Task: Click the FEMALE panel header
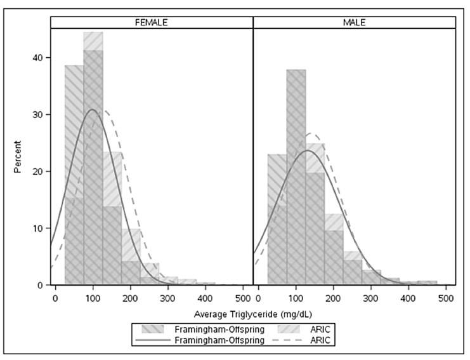coord(152,22)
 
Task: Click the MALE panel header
coord(355,22)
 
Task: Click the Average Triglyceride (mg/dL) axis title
coord(254,314)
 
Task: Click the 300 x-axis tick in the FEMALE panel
coord(168,297)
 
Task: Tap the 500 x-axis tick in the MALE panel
coord(446,297)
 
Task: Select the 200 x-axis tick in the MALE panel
coord(334,297)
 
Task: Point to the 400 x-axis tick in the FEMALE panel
coord(206,297)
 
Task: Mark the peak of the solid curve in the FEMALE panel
coord(93,109)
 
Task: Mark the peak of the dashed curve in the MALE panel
coord(311,133)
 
